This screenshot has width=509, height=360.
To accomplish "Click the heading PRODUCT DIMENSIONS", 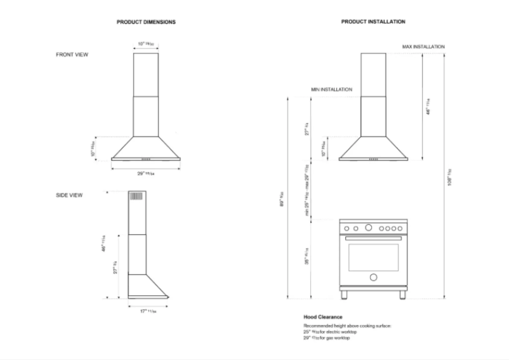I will tap(146, 22).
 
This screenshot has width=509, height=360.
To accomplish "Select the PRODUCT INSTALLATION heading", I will tap(373, 22).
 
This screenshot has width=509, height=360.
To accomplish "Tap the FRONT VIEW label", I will tap(72, 55).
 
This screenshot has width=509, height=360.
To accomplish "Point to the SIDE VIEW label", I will tap(69, 196).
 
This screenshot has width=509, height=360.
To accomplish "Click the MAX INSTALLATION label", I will tap(423, 47).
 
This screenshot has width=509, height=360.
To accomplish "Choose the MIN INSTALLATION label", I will tap(331, 90).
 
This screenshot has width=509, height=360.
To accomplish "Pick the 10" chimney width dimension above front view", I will tap(145, 44).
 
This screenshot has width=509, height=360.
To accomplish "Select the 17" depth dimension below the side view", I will tap(147, 311).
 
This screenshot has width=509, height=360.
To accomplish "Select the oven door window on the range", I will tap(373, 255).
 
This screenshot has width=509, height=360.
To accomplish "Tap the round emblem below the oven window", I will tap(373, 277).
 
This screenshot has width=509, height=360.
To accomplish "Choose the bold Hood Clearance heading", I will tap(323, 316).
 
